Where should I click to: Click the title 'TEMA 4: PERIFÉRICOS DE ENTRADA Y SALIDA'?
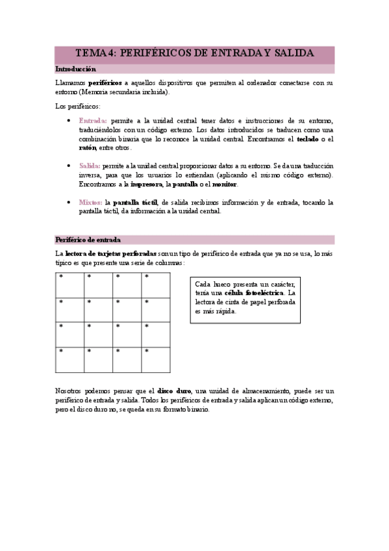[x=194, y=53]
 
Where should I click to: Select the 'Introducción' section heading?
[x=76, y=69]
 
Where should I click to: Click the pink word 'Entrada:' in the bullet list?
[x=93, y=121]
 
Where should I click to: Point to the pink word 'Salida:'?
[x=90, y=166]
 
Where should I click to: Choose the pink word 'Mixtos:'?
[x=90, y=203]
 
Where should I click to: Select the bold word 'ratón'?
[x=87, y=148]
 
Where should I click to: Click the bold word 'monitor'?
[x=223, y=185]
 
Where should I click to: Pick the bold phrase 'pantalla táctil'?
[x=136, y=203]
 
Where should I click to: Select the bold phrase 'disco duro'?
[x=175, y=391]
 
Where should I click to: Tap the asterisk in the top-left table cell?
[x=61, y=277]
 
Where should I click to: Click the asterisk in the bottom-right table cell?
[x=147, y=352]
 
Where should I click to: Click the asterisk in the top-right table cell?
[x=147, y=277]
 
